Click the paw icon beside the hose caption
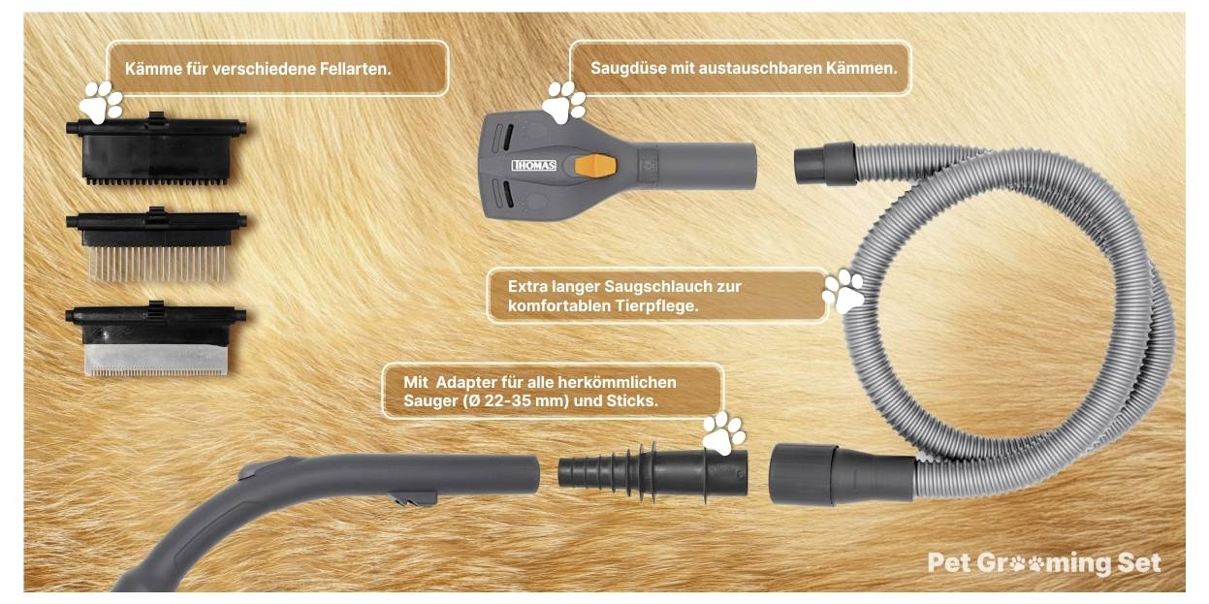tap(843, 291)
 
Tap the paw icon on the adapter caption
tap(723, 433)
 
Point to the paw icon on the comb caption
tap(102, 100)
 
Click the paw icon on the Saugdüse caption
tap(563, 101)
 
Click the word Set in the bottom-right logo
tap(1138, 563)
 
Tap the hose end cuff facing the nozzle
tap(825, 162)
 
